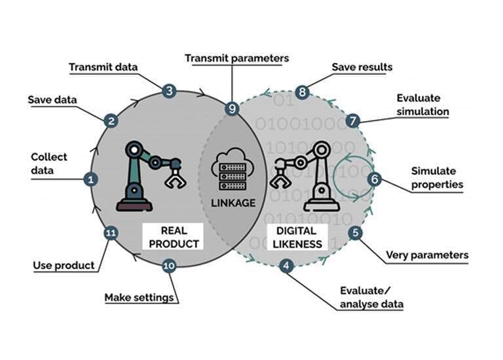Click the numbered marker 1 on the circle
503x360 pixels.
coord(91,178)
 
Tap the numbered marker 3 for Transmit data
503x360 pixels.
coord(170,91)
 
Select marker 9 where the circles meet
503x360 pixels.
coord(231,109)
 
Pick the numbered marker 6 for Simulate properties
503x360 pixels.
coord(374,178)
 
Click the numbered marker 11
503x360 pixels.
coord(111,232)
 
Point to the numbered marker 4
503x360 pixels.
coord(286,266)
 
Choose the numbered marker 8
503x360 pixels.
coord(302,92)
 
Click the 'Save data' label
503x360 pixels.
coord(52,99)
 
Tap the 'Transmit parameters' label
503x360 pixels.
coord(236,58)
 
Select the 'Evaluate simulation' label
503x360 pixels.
coord(422,105)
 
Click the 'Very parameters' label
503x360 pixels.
coord(426,255)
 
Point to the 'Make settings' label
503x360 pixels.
coord(139,297)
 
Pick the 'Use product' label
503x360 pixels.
coord(64,265)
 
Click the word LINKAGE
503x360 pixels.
coord(233,202)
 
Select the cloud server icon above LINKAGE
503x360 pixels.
coord(232,169)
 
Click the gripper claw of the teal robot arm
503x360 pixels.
coord(174,177)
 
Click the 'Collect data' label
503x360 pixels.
coord(48,164)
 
